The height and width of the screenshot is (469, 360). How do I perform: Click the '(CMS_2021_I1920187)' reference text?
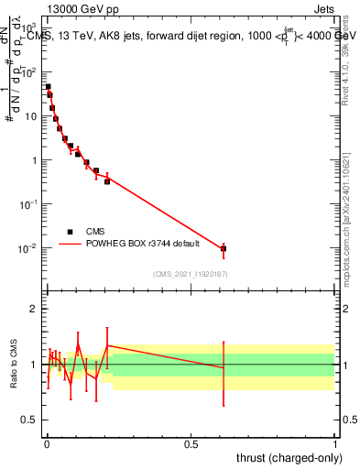coord(190,273)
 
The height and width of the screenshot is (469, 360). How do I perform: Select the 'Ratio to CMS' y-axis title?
coord(14,365)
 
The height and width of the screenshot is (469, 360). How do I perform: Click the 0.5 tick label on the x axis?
coord(191,442)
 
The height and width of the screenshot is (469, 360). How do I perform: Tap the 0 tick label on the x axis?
coord(46,442)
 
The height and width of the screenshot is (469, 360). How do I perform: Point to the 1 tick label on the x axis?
coord(335,442)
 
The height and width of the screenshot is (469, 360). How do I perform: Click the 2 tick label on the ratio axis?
coord(33,309)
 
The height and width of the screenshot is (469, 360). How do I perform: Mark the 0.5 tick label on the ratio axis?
coord(29,421)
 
